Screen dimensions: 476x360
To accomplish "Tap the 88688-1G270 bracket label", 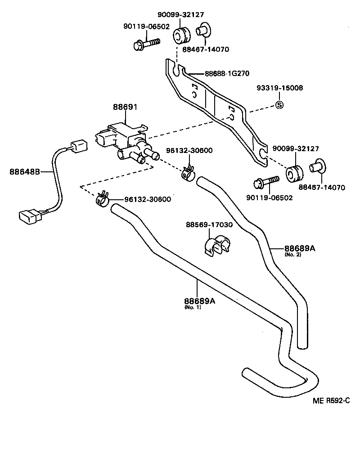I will coord(227,73).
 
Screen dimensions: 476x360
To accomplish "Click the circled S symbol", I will coord(279,106).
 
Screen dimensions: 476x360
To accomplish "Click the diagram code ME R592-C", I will coord(331,401).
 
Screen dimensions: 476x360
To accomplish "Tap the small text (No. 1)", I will coord(193,308).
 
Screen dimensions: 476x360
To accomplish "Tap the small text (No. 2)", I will coord(292,255).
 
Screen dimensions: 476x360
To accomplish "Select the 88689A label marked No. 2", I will coord(299,248).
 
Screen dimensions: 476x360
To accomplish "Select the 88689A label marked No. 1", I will coord(199,301).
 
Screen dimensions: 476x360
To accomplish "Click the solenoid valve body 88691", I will coord(122,135).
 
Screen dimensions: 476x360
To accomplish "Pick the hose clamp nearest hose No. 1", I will coord(102,198).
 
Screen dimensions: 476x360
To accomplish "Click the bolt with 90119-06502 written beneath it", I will coord(266,182).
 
